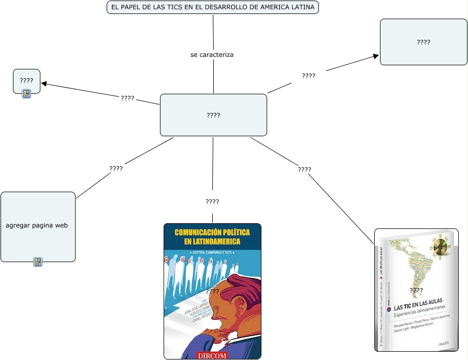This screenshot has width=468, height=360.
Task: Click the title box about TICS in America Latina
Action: (x=212, y=7)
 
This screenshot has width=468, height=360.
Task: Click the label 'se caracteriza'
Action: (x=212, y=54)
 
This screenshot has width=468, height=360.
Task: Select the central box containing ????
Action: (x=213, y=115)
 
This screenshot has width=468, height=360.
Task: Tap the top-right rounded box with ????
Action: (x=423, y=42)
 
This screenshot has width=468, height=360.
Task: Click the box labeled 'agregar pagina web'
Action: (x=38, y=226)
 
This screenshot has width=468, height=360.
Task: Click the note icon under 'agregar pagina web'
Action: (x=38, y=262)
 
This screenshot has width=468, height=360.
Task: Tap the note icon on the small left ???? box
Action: (x=26, y=94)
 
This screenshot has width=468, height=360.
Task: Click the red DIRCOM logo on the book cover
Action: (x=212, y=355)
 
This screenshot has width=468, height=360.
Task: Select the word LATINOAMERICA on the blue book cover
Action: (x=212, y=241)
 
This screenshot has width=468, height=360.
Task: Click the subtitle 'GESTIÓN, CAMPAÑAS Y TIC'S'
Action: (x=212, y=252)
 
